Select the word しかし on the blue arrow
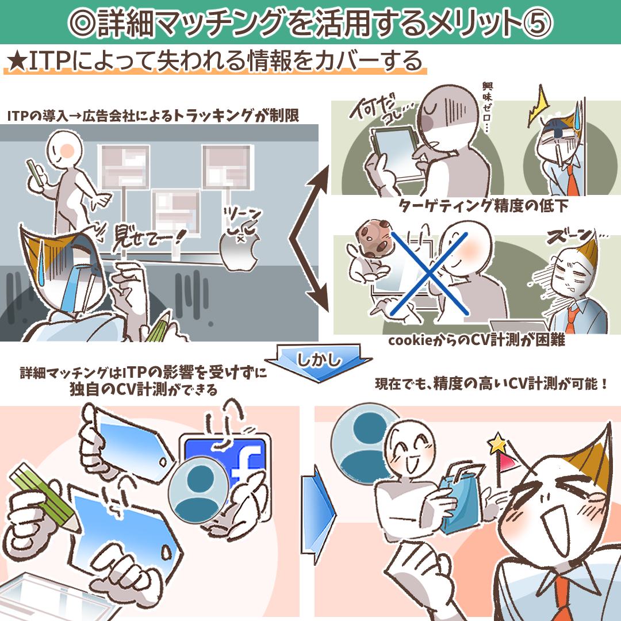tap(319, 359)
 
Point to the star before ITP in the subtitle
tap(17, 62)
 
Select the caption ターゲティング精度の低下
tap(483, 206)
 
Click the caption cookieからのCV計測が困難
tap(477, 340)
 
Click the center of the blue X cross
tap(430, 274)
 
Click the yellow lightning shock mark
tap(538, 106)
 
